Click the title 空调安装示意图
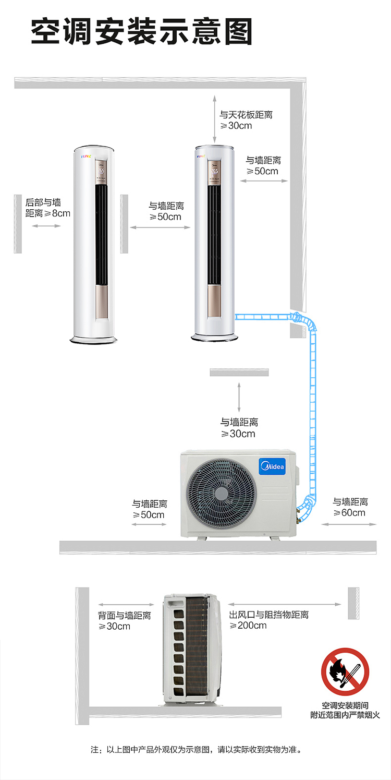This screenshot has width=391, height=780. coord(142,31)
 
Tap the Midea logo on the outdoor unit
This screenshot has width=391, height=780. coord(272,466)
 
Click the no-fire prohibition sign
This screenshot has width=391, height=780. coord(345,671)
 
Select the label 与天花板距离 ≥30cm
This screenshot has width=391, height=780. coord(246,120)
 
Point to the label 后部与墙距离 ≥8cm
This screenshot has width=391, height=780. coord(47,208)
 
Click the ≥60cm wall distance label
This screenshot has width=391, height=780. coord(350,507)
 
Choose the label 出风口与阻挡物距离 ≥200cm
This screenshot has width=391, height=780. coord(268,620)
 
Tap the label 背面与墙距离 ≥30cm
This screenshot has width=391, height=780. coord(124,621)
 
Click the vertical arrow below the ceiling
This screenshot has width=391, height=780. coord(215,119)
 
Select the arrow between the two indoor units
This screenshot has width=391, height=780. coord(161,227)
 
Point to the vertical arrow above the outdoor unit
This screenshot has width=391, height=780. coord(239,398)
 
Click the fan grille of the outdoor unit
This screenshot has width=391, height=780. coord(221,493)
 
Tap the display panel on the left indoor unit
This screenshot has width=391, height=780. coord(101,172)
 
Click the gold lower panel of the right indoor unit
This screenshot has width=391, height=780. coord(214,301)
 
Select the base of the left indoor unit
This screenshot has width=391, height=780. coord(93,340)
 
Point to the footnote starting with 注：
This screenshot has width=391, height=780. coord(196,749)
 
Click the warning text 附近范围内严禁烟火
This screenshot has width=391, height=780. coord(345,715)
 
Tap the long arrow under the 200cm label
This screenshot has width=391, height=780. coord(284,604)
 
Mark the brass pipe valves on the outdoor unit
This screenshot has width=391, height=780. coord(298,515)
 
